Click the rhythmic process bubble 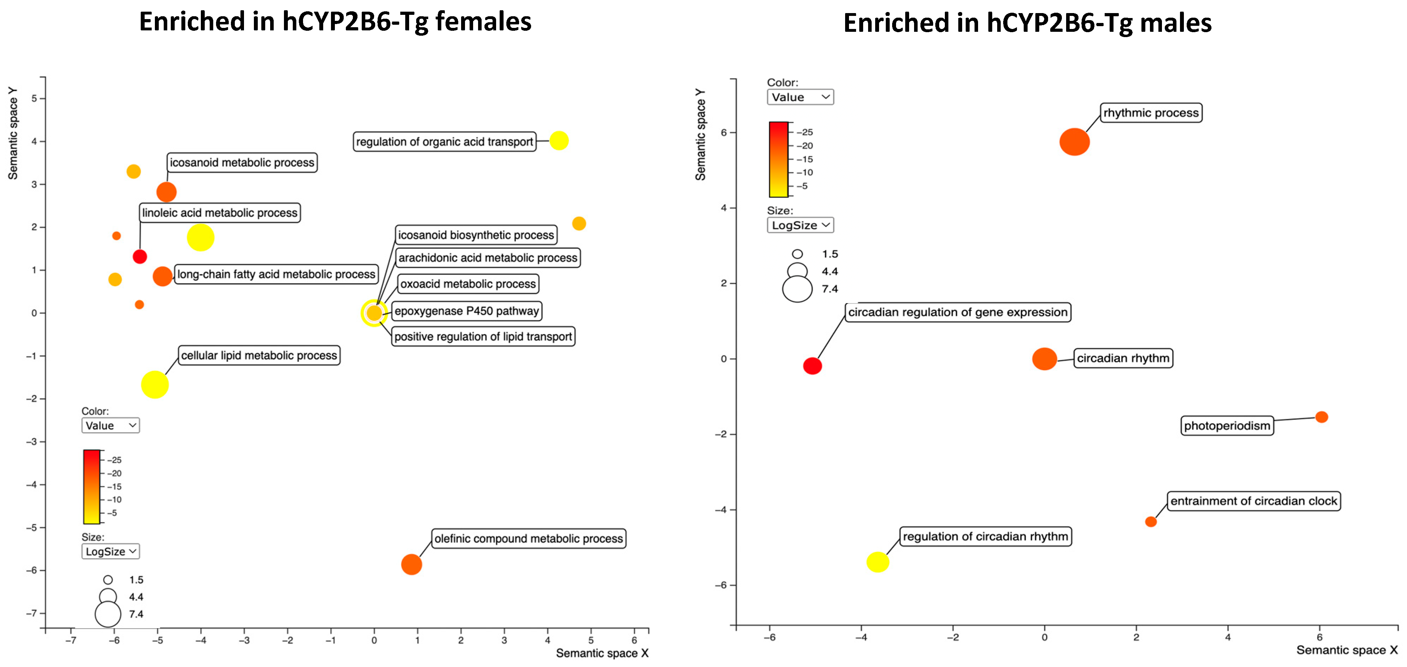(x=1074, y=142)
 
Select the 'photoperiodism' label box (x=1227, y=426)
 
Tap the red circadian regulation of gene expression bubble (x=812, y=366)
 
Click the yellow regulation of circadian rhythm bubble (x=877, y=562)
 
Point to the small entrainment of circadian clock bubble (x=1150, y=522)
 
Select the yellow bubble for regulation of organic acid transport (x=559, y=141)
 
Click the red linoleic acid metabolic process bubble (x=140, y=256)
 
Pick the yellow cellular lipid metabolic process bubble (x=155, y=385)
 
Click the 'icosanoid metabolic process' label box (x=242, y=163)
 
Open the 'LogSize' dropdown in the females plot (x=110, y=551)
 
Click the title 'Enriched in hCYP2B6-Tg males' (x=1027, y=23)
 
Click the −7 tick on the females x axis (x=70, y=640)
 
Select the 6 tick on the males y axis (x=724, y=132)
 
